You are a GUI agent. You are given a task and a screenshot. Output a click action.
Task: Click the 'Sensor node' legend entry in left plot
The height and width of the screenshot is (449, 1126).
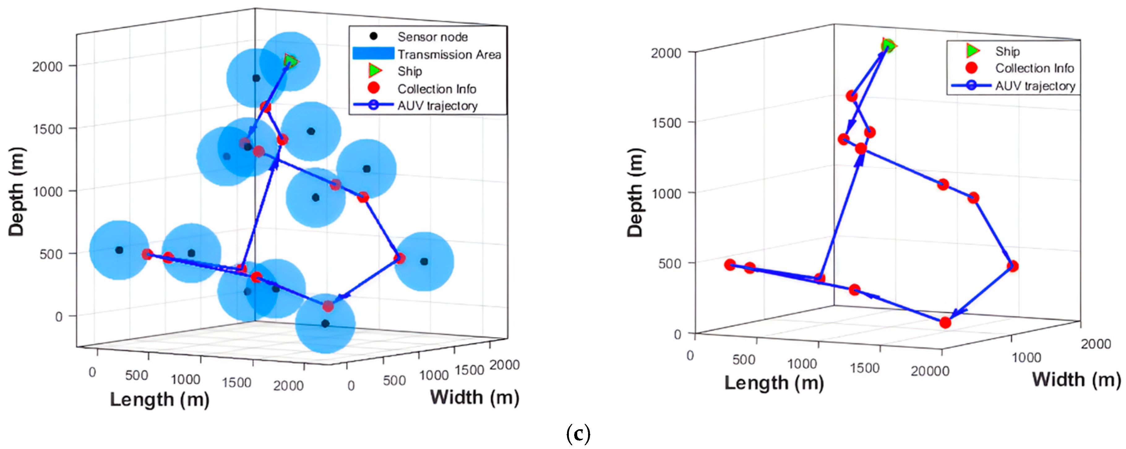pos(432,37)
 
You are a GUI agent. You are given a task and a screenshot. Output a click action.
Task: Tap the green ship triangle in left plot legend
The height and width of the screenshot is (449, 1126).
pos(375,70)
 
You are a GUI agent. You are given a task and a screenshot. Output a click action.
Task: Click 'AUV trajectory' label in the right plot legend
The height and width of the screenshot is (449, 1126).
pos(1035,86)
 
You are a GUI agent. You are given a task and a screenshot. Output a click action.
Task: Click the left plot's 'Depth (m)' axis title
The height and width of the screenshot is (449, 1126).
pos(17,192)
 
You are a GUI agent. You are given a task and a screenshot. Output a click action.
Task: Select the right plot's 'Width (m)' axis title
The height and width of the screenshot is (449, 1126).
pos(1076,379)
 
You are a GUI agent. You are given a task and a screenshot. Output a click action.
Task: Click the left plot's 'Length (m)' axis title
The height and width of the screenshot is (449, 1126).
pos(160,399)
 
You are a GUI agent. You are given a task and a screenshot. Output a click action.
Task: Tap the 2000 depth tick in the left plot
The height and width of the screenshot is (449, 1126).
pos(47,66)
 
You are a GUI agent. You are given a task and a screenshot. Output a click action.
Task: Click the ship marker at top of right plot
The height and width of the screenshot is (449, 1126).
pos(888,45)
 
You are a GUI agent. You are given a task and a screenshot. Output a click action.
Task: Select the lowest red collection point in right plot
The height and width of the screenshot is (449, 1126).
pos(945,323)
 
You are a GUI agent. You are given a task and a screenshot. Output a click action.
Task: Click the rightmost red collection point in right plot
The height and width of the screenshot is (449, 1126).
pos(1013,266)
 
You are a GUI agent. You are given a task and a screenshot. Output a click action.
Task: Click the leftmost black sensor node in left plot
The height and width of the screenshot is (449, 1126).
pos(119,250)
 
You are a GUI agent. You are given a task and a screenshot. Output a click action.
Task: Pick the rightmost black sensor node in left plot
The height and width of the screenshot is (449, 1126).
pos(423,262)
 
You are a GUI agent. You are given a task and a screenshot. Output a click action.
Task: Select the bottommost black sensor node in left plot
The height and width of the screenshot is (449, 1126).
pos(325,324)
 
